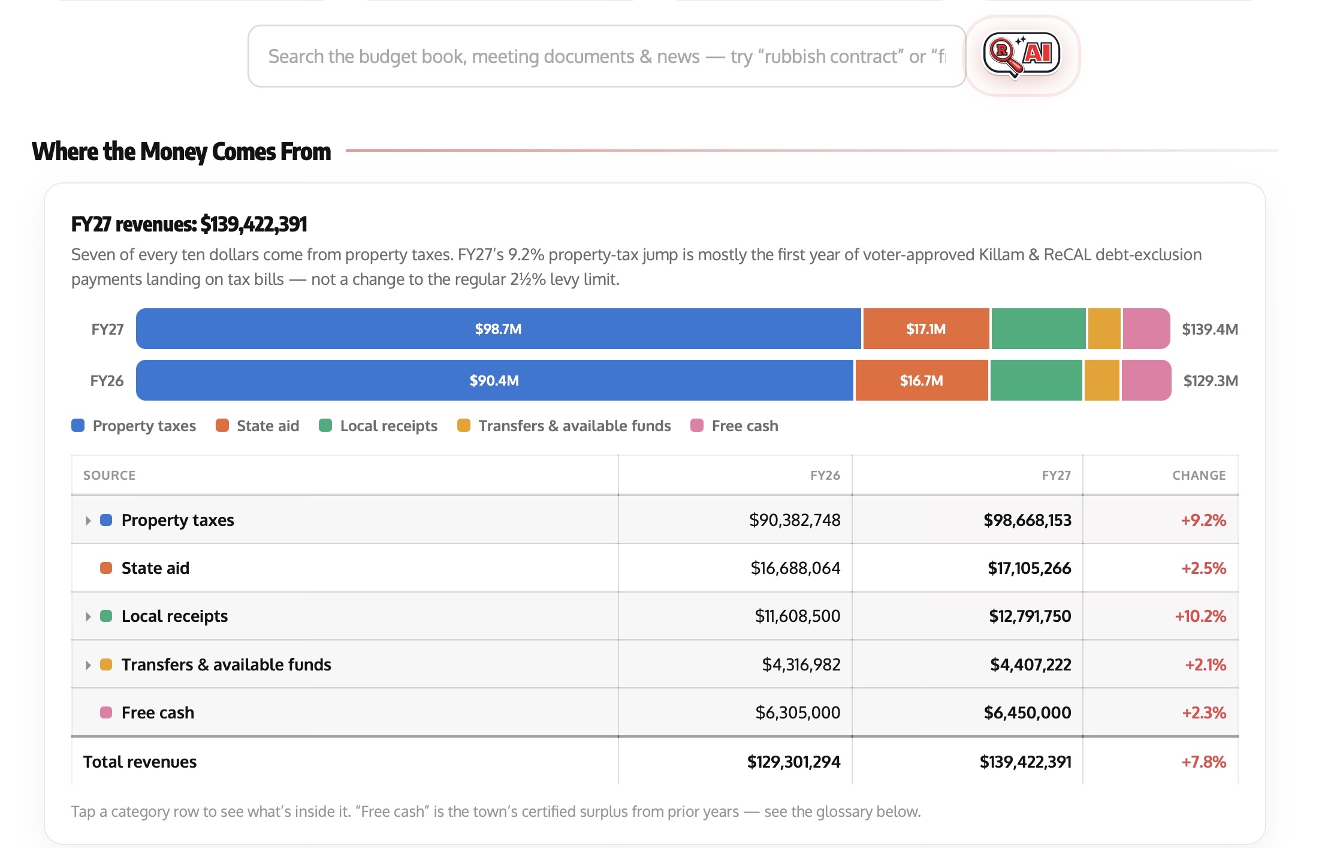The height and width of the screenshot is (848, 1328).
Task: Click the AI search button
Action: point(1022,55)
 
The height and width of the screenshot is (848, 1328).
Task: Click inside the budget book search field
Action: point(606,56)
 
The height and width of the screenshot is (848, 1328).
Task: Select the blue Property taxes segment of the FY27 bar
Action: point(498,329)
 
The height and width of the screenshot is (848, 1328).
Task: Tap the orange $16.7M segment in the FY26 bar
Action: point(922,380)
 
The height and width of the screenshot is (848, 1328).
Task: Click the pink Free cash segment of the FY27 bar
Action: point(1146,329)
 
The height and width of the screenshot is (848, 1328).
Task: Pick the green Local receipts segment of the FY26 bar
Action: point(1036,380)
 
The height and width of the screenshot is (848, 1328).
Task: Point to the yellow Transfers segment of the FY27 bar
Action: point(1104,329)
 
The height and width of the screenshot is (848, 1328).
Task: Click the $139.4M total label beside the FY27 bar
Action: point(1209,329)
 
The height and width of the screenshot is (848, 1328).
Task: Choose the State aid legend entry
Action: point(258,426)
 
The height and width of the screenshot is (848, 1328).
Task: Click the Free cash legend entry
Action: point(734,426)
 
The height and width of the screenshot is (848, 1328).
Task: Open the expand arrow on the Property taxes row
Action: point(88,521)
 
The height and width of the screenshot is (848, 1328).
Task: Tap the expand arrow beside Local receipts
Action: point(88,617)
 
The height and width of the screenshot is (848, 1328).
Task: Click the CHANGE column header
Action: point(1199,476)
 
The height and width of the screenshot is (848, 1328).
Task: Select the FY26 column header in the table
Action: point(825,476)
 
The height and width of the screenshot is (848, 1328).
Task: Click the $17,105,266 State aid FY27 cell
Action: point(1029,568)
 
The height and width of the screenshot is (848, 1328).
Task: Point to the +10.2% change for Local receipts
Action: point(1200,616)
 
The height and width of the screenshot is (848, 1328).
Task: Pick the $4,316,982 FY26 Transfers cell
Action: point(801,664)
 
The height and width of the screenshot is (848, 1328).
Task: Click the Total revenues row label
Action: point(140,762)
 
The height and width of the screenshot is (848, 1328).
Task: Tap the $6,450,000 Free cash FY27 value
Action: point(1027,712)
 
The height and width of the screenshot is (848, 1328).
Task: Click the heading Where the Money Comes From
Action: point(181,151)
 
